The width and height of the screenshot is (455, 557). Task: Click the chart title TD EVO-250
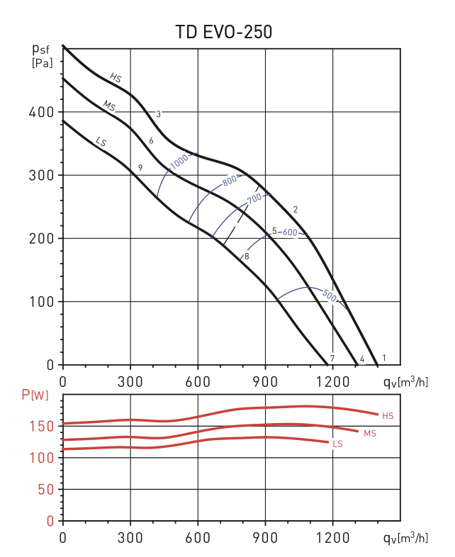[224, 32]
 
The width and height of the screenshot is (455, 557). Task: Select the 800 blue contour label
[230, 181]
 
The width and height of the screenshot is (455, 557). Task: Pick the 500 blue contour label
[329, 296]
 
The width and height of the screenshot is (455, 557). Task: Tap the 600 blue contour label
[289, 232]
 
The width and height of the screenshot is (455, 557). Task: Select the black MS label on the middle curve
[109, 106]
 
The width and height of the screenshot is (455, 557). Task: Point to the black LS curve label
[101, 142]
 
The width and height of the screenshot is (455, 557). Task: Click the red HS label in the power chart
[387, 415]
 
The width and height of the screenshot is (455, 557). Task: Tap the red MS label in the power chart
[369, 432]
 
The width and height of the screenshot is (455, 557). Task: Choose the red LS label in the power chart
[338, 444]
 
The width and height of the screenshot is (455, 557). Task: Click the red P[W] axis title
[35, 395]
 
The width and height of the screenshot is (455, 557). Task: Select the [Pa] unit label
[43, 63]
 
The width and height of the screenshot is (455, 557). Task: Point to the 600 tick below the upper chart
[198, 381]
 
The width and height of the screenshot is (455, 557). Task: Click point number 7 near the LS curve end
[332, 358]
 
